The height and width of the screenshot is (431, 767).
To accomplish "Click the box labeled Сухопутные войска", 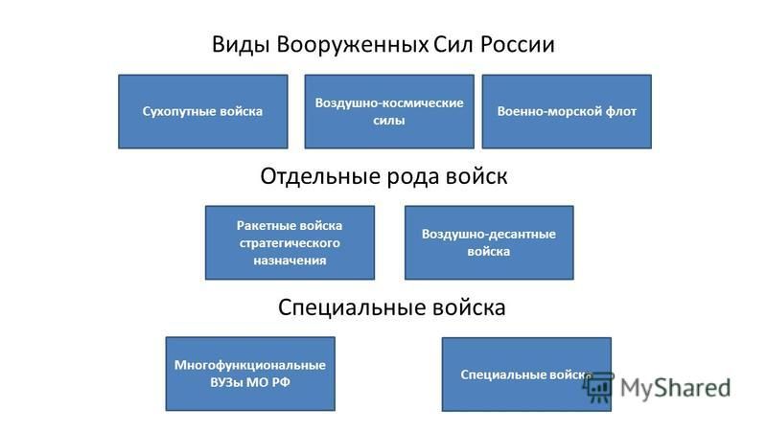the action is pyautogui.click(x=203, y=111).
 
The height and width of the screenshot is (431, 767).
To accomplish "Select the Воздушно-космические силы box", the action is pyautogui.click(x=389, y=111).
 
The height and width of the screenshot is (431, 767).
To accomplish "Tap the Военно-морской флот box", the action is pyautogui.click(x=567, y=111).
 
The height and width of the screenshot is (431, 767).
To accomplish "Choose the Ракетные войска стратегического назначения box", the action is pyautogui.click(x=291, y=243).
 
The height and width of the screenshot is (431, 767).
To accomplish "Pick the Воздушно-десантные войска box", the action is pyautogui.click(x=489, y=243).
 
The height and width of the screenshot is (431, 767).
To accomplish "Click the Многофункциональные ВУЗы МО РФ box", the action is pyautogui.click(x=250, y=374).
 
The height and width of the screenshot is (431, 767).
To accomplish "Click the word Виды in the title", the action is pyautogui.click(x=242, y=45).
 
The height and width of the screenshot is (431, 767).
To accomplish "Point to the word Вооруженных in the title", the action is pyautogui.click(x=353, y=45).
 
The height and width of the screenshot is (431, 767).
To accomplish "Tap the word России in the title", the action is pyautogui.click(x=517, y=44).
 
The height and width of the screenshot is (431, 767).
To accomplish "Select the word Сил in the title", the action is pyautogui.click(x=453, y=44).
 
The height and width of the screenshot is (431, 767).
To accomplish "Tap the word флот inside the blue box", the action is pyautogui.click(x=621, y=111).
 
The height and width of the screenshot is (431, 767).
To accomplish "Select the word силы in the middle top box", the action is pyautogui.click(x=389, y=121).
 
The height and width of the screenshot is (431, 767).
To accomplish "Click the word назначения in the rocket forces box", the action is pyautogui.click(x=290, y=261).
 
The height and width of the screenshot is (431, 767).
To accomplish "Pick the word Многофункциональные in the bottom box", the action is pyautogui.click(x=250, y=366).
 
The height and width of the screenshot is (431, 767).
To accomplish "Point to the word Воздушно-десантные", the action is pyautogui.click(x=489, y=234).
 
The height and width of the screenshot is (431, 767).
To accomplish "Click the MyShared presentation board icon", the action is pyautogui.click(x=597, y=387).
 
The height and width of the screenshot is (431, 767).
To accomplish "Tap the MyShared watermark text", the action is pyautogui.click(x=676, y=389).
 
